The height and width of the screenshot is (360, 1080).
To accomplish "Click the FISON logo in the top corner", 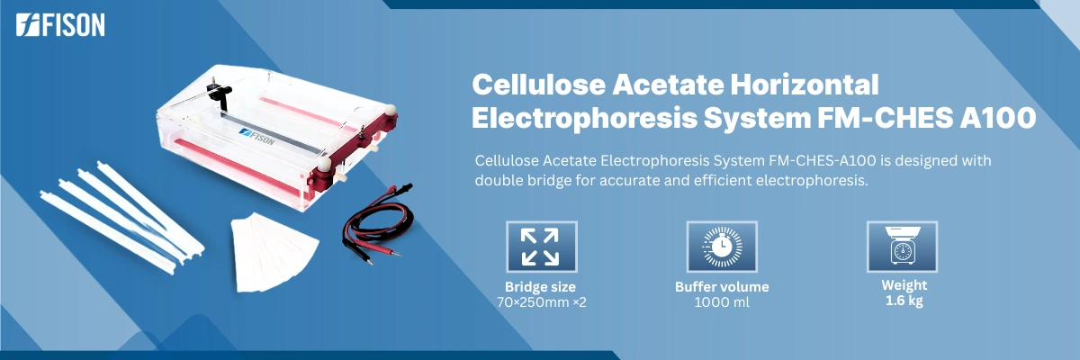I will [60, 26].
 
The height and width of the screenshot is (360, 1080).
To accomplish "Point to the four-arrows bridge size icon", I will [541, 247].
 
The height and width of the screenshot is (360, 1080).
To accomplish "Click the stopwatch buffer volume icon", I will [721, 247].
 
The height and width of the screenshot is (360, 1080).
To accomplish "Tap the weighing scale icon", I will [902, 247].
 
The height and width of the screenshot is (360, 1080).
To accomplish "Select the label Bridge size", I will [540, 287].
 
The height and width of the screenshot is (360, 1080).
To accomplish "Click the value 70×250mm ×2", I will [541, 301].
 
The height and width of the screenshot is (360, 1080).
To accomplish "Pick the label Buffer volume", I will [722, 287].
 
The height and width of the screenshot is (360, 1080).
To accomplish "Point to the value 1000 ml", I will [722, 301].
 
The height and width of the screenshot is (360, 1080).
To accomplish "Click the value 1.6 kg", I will [903, 301].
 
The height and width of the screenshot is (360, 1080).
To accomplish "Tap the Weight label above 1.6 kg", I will [903, 286].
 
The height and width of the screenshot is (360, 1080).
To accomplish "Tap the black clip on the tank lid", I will [219, 93].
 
